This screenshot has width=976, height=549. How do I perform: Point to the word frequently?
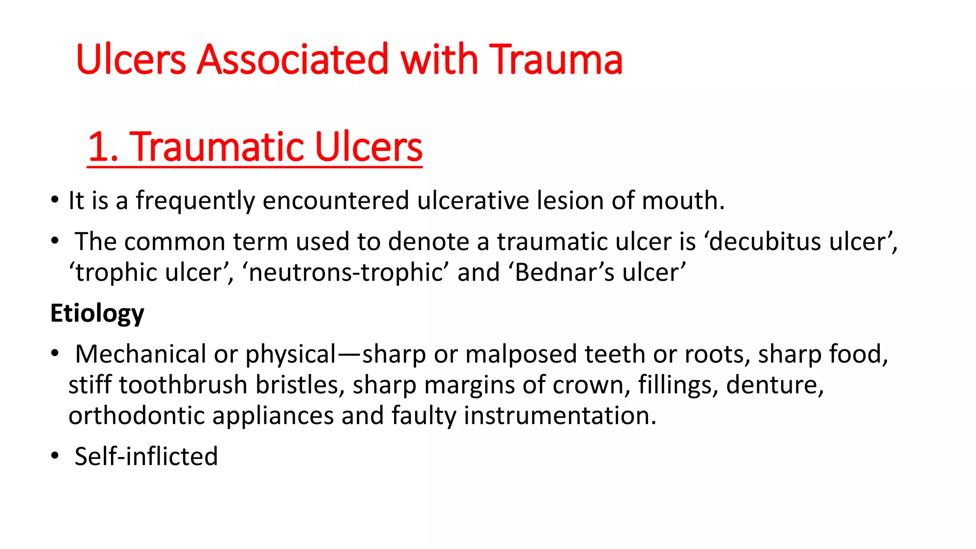click(x=195, y=201)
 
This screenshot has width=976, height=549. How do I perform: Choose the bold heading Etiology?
click(x=97, y=314)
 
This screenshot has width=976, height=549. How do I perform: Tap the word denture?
click(x=775, y=385)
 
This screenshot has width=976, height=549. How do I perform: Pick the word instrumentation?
click(x=560, y=416)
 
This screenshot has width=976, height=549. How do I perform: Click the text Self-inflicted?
click(x=146, y=457)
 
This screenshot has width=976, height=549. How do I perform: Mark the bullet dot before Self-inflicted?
click(x=55, y=456)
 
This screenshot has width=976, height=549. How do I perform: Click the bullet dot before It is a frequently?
click(x=55, y=200)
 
